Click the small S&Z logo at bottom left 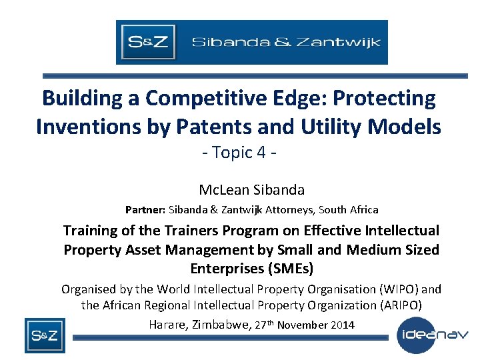[x=45, y=335]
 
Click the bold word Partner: [x=145, y=209]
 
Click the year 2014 [x=342, y=325]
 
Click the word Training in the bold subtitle [x=89, y=231]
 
